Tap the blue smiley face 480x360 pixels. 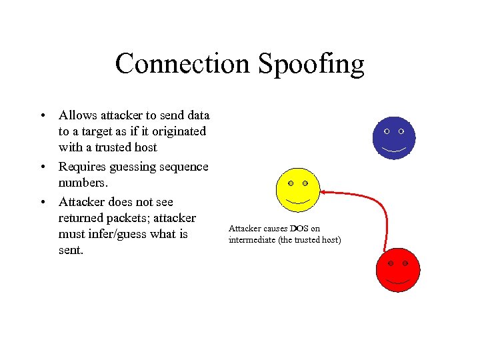click(393, 138)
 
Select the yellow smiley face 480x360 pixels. click(298, 189)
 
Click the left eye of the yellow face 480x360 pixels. click(291, 183)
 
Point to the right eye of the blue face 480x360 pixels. click(401, 132)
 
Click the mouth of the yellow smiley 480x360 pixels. click(298, 201)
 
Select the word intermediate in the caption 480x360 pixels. click(251, 239)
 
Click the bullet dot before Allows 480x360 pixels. click(42, 115)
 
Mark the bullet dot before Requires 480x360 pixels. click(42, 167)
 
